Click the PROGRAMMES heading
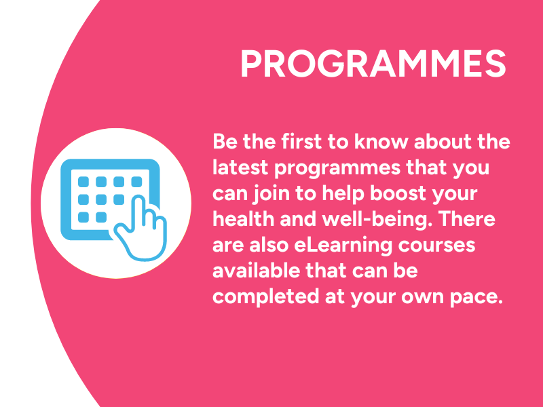pos(373,65)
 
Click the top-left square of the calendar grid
pos(84,182)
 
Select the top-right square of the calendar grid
pos(136,182)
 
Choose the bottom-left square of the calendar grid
pos(84,217)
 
